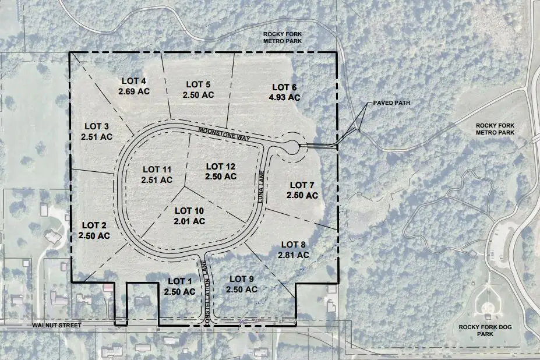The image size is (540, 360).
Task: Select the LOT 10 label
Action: click(x=189, y=210)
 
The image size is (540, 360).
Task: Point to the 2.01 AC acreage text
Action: click(x=189, y=221)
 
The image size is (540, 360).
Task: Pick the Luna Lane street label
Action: click(x=262, y=186)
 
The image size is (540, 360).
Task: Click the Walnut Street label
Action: click(x=57, y=324)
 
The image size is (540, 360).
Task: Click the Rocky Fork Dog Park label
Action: click(x=485, y=331)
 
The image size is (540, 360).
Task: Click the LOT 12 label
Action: click(x=221, y=166)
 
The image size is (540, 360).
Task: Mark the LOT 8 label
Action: click(x=294, y=244)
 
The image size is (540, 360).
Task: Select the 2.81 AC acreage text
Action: click(x=294, y=255)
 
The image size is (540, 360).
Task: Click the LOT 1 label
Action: click(x=179, y=281)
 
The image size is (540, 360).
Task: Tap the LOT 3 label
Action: click(x=97, y=126)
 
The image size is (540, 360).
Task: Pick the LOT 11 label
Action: click(x=157, y=170)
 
